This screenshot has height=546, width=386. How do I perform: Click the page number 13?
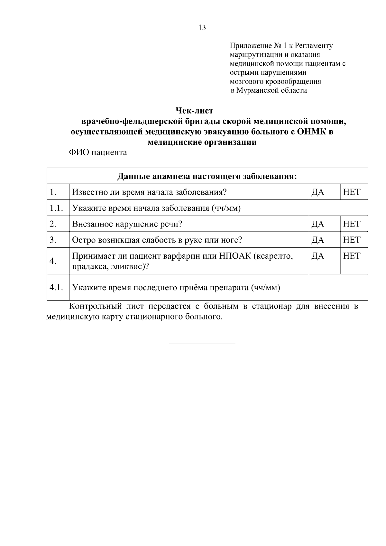click(x=202, y=28)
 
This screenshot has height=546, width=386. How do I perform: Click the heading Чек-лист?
click(x=194, y=111)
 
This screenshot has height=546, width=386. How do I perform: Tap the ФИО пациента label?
click(x=98, y=152)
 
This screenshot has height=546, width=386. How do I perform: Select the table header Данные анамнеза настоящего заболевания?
click(x=207, y=176)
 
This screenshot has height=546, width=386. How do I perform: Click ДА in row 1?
click(x=318, y=192)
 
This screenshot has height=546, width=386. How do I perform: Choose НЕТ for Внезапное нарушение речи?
click(x=352, y=224)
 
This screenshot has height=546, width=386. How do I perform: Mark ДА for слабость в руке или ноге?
click(x=318, y=240)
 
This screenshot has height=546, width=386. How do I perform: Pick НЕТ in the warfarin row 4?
click(x=352, y=256)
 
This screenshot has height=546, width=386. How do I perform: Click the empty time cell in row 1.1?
click(x=338, y=208)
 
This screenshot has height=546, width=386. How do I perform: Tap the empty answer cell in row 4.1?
click(x=338, y=287)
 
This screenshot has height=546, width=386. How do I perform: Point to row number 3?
click(x=53, y=240)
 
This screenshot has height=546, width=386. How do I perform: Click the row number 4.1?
click(x=56, y=287)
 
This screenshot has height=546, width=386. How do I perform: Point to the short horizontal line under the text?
click(x=202, y=344)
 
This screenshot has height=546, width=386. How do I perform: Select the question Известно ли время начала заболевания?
click(x=150, y=192)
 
